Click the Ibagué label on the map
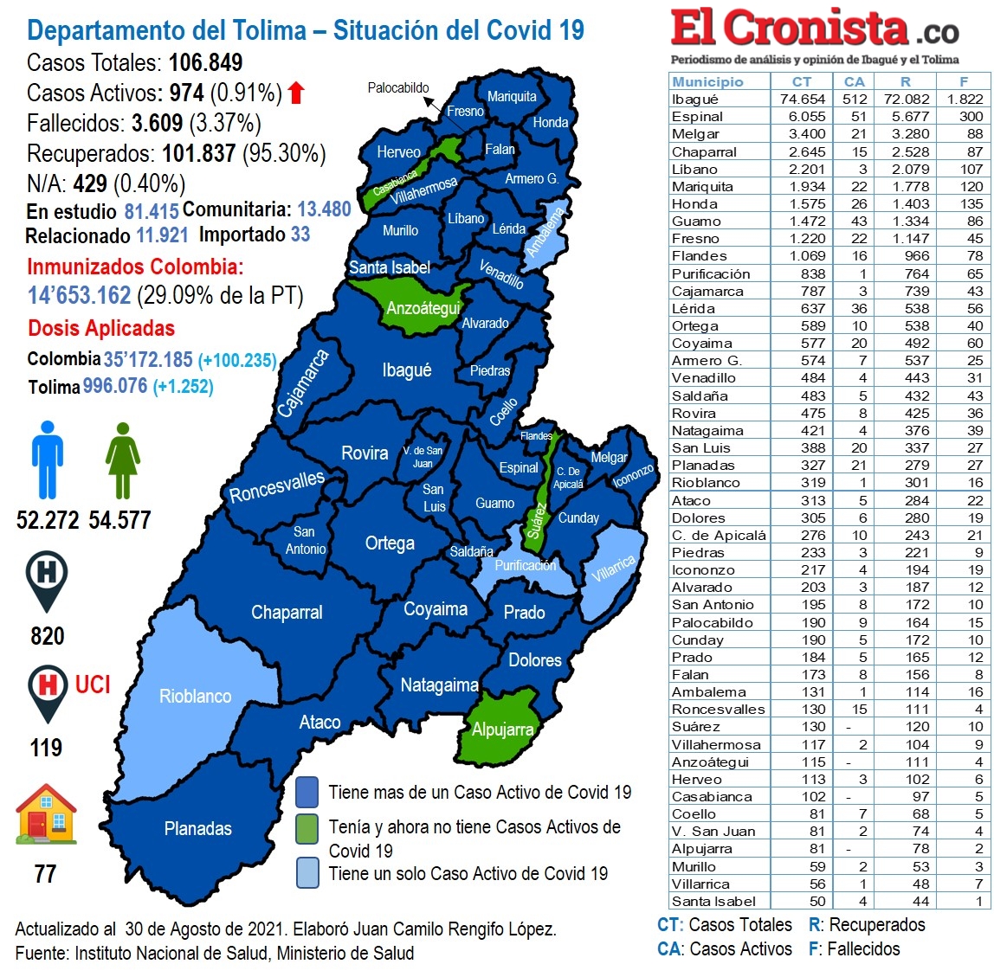coord(406,370)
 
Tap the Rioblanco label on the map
coord(195,697)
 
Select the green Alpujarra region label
coord(502,730)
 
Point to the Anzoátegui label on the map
coord(423,309)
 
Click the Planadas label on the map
coord(197,829)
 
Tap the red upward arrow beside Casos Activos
coord(297,93)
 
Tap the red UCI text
coord(93,685)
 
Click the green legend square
coord(307,827)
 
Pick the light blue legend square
coord(307,873)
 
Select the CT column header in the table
coord(802,81)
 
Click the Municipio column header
coord(707,81)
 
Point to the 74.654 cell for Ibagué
coord(802,100)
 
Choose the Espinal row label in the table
coord(697,117)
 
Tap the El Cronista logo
coord(814,31)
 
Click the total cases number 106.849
coord(206,62)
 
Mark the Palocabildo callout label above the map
coord(398,88)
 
